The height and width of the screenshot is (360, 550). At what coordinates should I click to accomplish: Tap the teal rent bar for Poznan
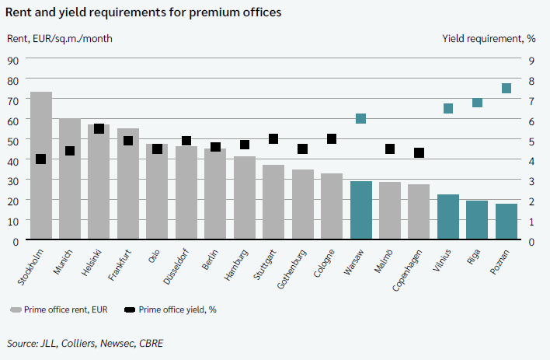506,222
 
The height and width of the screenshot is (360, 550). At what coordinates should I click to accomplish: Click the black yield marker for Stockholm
41,159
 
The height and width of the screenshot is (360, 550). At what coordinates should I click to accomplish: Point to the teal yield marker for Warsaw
360,119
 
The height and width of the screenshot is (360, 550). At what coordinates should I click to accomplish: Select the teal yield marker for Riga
477,103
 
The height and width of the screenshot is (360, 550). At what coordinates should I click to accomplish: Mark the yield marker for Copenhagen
419,153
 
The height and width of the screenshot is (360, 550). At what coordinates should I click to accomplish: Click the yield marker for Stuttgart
273,138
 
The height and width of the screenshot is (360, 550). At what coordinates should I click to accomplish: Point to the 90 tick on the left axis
13,60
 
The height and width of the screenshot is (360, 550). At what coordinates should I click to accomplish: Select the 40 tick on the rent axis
13,160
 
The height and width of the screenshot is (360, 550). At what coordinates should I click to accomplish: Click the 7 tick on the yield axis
531,100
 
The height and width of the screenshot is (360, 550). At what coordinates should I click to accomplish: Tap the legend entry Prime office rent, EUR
61,309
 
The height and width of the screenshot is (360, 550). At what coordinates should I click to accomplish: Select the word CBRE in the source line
148,343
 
